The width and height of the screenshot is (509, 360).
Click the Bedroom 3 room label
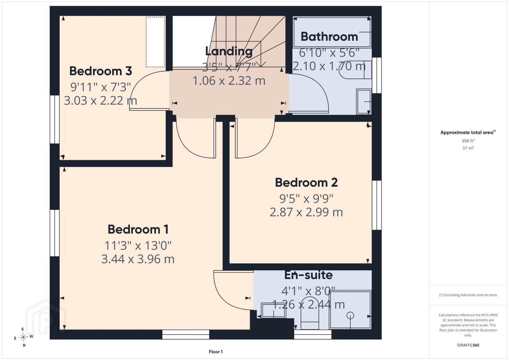click(x=100, y=71)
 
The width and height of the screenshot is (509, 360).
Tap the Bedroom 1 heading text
click(x=138, y=229)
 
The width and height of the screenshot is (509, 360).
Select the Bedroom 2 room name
click(x=306, y=182)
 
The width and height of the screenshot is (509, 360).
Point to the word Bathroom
click(x=329, y=37)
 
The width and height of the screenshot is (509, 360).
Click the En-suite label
click(x=309, y=275)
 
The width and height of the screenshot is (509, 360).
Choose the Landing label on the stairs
click(x=229, y=51)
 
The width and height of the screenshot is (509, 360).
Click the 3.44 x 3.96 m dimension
click(x=138, y=259)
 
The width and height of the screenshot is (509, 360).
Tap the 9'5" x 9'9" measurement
click(x=306, y=199)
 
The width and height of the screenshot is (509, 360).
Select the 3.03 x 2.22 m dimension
click(x=100, y=100)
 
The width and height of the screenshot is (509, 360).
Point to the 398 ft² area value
click(x=468, y=141)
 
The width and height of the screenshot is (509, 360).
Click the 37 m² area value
click(x=468, y=148)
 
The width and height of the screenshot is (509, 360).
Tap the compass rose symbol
click(x=23, y=337)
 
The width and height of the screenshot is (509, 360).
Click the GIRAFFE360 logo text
click(x=468, y=345)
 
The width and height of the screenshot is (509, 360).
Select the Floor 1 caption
click(x=216, y=352)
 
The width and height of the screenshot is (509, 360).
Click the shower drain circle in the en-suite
click(x=350, y=315)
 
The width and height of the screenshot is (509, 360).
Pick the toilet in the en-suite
click(x=310, y=313)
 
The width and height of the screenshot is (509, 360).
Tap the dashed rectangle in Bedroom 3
click(x=155, y=42)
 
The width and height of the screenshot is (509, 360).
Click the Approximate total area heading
click(x=468, y=132)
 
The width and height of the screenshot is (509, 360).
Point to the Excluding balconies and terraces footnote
click(x=468, y=295)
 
